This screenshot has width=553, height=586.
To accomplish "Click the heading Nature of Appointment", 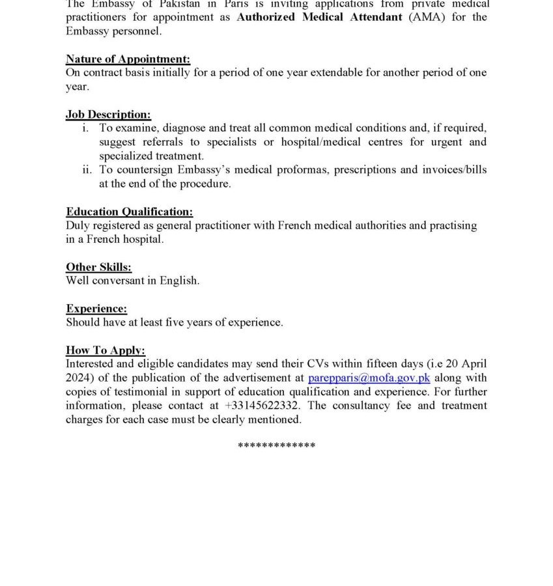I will click(128, 59).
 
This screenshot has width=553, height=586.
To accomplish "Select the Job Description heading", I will click(108, 115).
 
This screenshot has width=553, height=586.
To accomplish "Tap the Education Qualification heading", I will click(129, 212).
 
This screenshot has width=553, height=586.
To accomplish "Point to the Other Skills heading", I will click(98, 267).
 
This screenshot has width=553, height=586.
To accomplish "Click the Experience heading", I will click(96, 309).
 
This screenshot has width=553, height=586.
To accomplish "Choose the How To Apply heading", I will click(106, 350).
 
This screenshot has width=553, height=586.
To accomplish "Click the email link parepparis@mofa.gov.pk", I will click(369, 378).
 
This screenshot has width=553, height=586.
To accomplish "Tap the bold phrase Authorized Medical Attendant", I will click(319, 18).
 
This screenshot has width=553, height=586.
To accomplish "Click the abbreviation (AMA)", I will click(427, 18).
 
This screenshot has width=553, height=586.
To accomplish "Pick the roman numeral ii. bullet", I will click(87, 170).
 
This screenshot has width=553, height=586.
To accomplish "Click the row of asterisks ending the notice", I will click(276, 446).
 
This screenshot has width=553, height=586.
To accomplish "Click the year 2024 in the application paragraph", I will click(79, 378).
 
